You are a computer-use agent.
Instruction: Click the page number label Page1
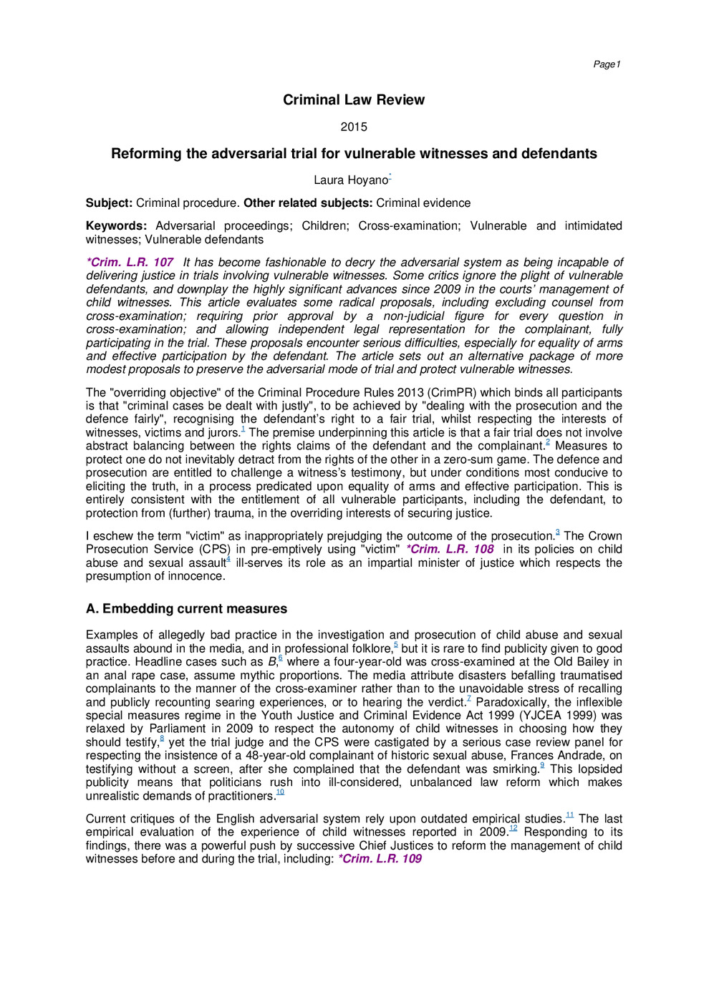(x=607, y=64)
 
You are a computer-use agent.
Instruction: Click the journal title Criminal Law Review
(x=354, y=100)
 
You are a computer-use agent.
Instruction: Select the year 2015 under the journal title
(x=354, y=127)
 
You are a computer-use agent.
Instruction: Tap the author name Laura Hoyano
(x=350, y=180)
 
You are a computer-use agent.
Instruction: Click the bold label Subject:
(x=109, y=203)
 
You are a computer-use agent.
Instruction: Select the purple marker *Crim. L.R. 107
(x=130, y=263)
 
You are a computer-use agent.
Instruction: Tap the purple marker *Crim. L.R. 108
(x=450, y=550)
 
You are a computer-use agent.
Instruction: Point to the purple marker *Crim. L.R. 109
(x=380, y=859)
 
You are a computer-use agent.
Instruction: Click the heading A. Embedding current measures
(x=186, y=609)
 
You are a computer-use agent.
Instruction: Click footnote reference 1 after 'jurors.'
(x=243, y=429)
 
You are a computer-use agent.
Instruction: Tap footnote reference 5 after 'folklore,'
(x=396, y=646)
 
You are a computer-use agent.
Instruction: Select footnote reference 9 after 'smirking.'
(x=542, y=766)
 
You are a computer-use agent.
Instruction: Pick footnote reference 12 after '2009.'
(x=513, y=829)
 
